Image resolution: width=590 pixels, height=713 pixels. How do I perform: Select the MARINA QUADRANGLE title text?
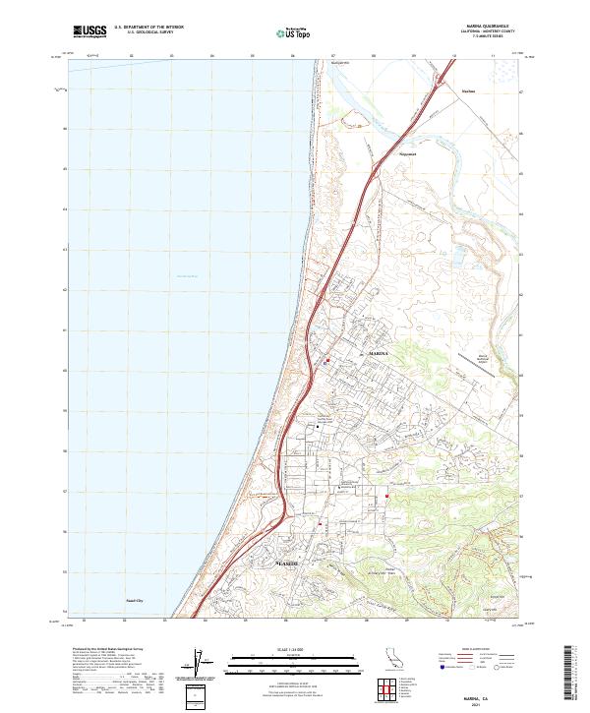coord(482,28)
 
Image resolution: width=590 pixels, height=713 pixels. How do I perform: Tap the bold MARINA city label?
coord(380,351)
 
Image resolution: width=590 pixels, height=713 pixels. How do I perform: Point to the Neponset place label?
coord(407,153)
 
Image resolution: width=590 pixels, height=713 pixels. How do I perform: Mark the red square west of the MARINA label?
coord(326,360)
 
